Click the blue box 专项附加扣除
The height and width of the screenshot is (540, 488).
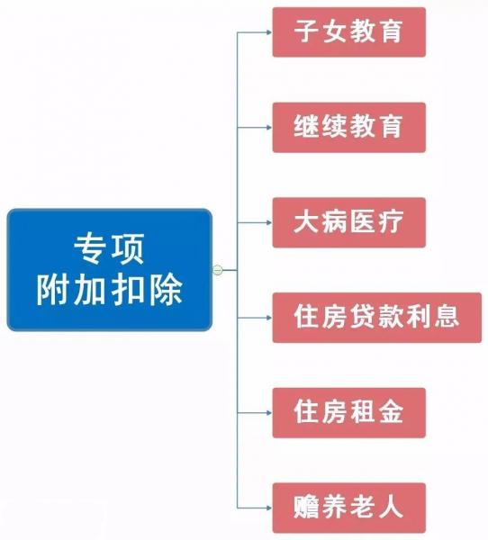pos(109,270)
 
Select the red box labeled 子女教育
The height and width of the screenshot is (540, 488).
pos(349,32)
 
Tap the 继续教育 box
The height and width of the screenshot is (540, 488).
pos(349,127)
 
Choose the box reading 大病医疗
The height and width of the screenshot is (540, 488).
pos(349,222)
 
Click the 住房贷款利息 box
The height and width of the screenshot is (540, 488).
pos(377,318)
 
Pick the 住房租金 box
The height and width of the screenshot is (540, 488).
pos(349,412)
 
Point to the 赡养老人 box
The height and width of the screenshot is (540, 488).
pos(349,508)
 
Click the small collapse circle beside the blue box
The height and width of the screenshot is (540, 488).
pos(218,270)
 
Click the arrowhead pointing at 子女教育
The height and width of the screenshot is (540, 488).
pos(269,32)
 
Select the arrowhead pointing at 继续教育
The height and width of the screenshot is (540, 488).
pos(269,128)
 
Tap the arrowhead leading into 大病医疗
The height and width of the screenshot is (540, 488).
pos(269,222)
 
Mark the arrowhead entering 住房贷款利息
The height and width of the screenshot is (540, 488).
pos(269,318)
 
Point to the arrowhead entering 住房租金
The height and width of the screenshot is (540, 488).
pos(269,412)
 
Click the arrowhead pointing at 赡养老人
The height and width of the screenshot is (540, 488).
pos(269,508)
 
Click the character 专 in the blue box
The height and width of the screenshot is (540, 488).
pos(90,248)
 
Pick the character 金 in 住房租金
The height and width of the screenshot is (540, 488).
pos(391,411)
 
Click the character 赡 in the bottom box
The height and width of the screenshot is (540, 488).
pos(306,507)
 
